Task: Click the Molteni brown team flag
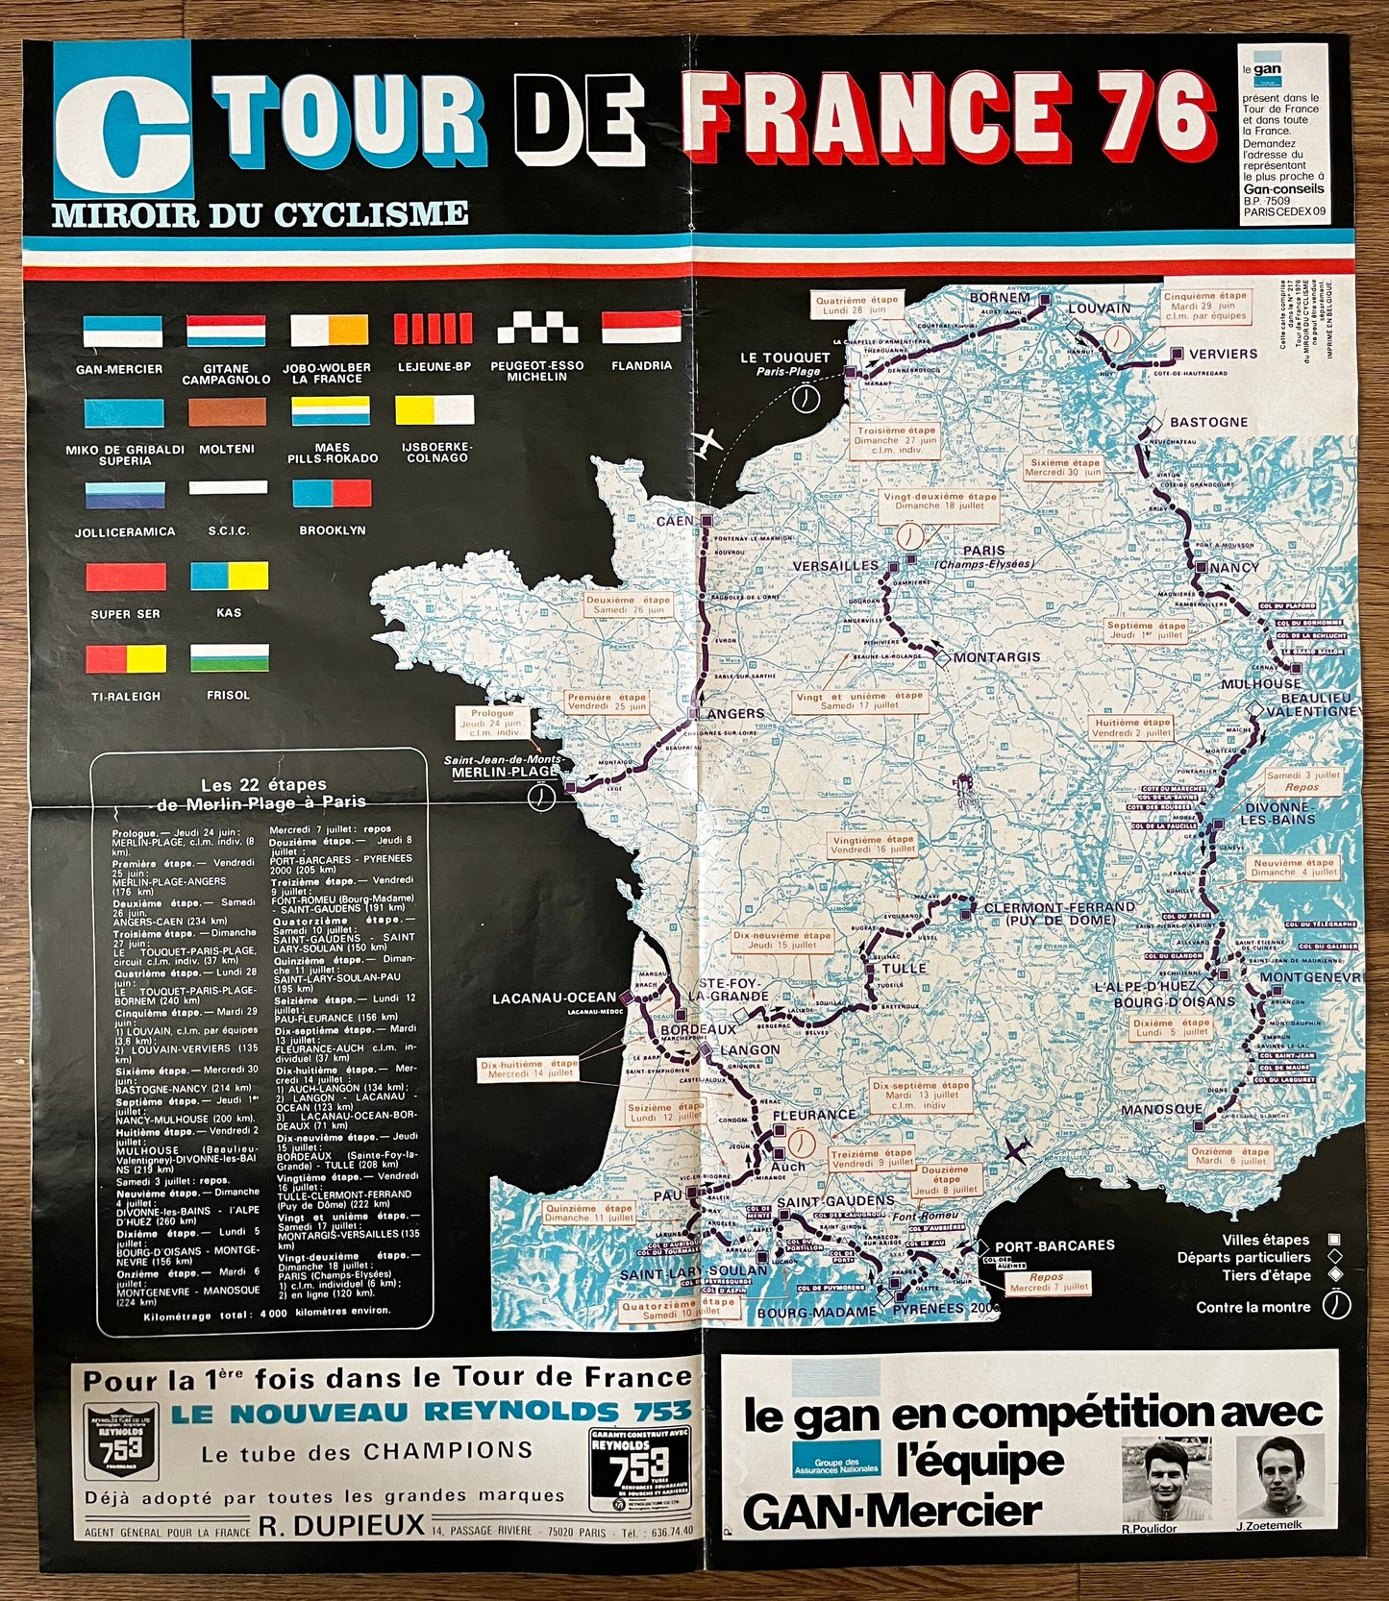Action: (x=227, y=411)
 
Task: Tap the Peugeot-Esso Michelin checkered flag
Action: (x=537, y=329)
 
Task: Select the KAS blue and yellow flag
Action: (x=229, y=577)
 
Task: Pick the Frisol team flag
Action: (x=229, y=658)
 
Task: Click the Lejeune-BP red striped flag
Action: (x=433, y=329)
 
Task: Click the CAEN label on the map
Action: (x=675, y=521)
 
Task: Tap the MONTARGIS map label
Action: (x=997, y=657)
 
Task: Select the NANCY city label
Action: (x=1234, y=568)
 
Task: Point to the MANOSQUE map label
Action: (x=1161, y=1109)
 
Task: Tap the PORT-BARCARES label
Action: (x=1054, y=1245)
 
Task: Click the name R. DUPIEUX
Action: (x=341, y=1525)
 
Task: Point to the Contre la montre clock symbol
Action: (x=1337, y=1305)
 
